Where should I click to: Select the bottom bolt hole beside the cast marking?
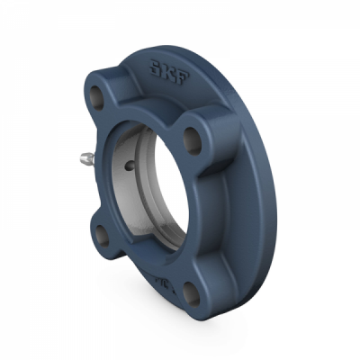[190, 290]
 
